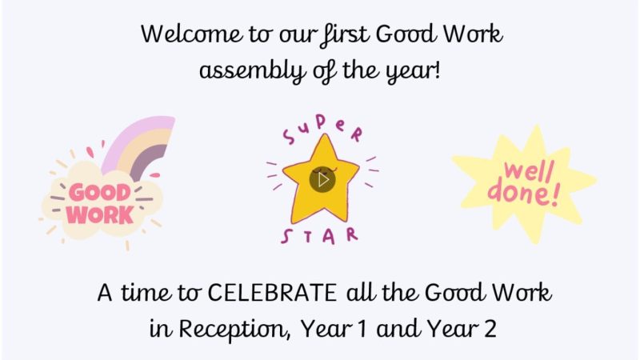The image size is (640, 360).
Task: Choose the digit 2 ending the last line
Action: [489, 329]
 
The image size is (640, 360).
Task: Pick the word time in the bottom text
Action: [149, 293]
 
